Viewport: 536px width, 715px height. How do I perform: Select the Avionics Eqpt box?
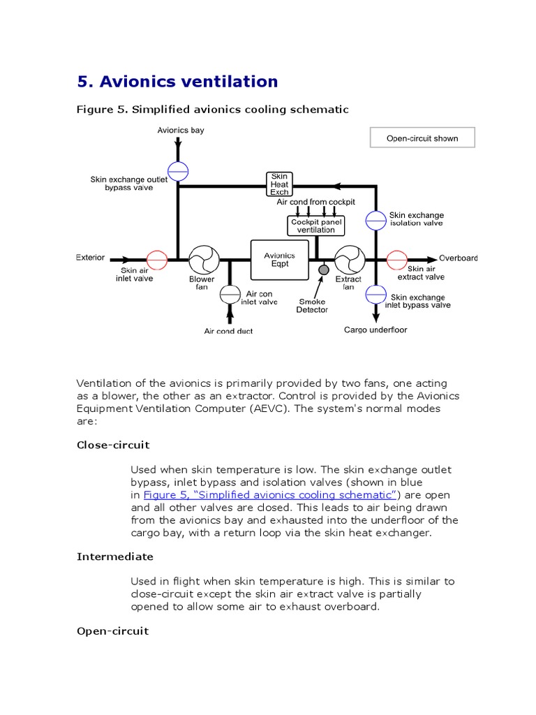tap(279, 260)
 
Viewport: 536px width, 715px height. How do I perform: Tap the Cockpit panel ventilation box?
tap(316, 226)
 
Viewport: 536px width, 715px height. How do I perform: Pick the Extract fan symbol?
tap(350, 260)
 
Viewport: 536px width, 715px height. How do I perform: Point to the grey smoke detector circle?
tap(323, 270)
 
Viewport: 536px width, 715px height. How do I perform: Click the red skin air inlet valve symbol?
tap(156, 260)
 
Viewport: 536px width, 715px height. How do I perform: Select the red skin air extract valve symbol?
tap(397, 260)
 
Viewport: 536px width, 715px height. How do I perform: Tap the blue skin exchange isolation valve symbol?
tap(376, 220)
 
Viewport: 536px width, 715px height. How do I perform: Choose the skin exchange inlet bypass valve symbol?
tap(376, 294)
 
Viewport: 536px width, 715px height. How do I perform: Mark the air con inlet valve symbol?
tap(230, 295)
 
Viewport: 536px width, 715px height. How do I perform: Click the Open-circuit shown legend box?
tap(422, 138)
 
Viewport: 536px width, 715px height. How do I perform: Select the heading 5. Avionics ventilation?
tap(177, 82)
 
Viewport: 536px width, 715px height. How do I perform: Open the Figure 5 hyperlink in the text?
tap(270, 494)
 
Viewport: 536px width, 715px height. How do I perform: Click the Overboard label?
tap(458, 258)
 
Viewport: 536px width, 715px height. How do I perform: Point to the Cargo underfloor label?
tap(375, 330)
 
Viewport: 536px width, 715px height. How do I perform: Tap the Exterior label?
tap(90, 258)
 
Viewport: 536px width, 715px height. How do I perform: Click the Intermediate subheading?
tap(114, 556)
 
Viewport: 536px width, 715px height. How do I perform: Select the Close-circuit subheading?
tap(113, 445)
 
